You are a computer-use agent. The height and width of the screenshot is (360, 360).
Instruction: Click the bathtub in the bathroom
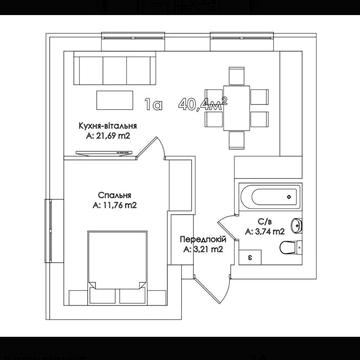(270, 197)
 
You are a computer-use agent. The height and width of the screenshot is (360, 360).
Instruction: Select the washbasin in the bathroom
(297, 226)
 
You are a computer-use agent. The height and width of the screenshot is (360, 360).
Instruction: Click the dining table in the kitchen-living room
(236, 108)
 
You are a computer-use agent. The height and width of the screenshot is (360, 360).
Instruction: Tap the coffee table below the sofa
(113, 100)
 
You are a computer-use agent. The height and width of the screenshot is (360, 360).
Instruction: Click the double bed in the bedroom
(117, 267)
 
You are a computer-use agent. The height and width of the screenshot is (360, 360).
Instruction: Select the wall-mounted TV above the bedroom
(104, 153)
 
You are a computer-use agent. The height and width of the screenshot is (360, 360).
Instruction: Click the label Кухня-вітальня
(108, 126)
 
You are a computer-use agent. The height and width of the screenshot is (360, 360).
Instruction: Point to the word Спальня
(114, 195)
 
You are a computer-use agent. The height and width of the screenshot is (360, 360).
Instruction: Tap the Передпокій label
(203, 239)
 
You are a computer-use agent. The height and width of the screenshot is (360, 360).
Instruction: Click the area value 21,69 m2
(108, 136)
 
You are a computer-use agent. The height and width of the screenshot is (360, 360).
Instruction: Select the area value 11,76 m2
(114, 205)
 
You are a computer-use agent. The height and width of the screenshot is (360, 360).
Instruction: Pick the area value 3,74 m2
(265, 232)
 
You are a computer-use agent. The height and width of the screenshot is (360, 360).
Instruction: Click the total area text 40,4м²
(203, 104)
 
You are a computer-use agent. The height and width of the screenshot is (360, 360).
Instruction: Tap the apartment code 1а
(153, 105)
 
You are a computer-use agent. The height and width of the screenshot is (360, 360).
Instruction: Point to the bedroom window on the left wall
(50, 231)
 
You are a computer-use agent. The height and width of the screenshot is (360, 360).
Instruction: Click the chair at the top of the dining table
(237, 76)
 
